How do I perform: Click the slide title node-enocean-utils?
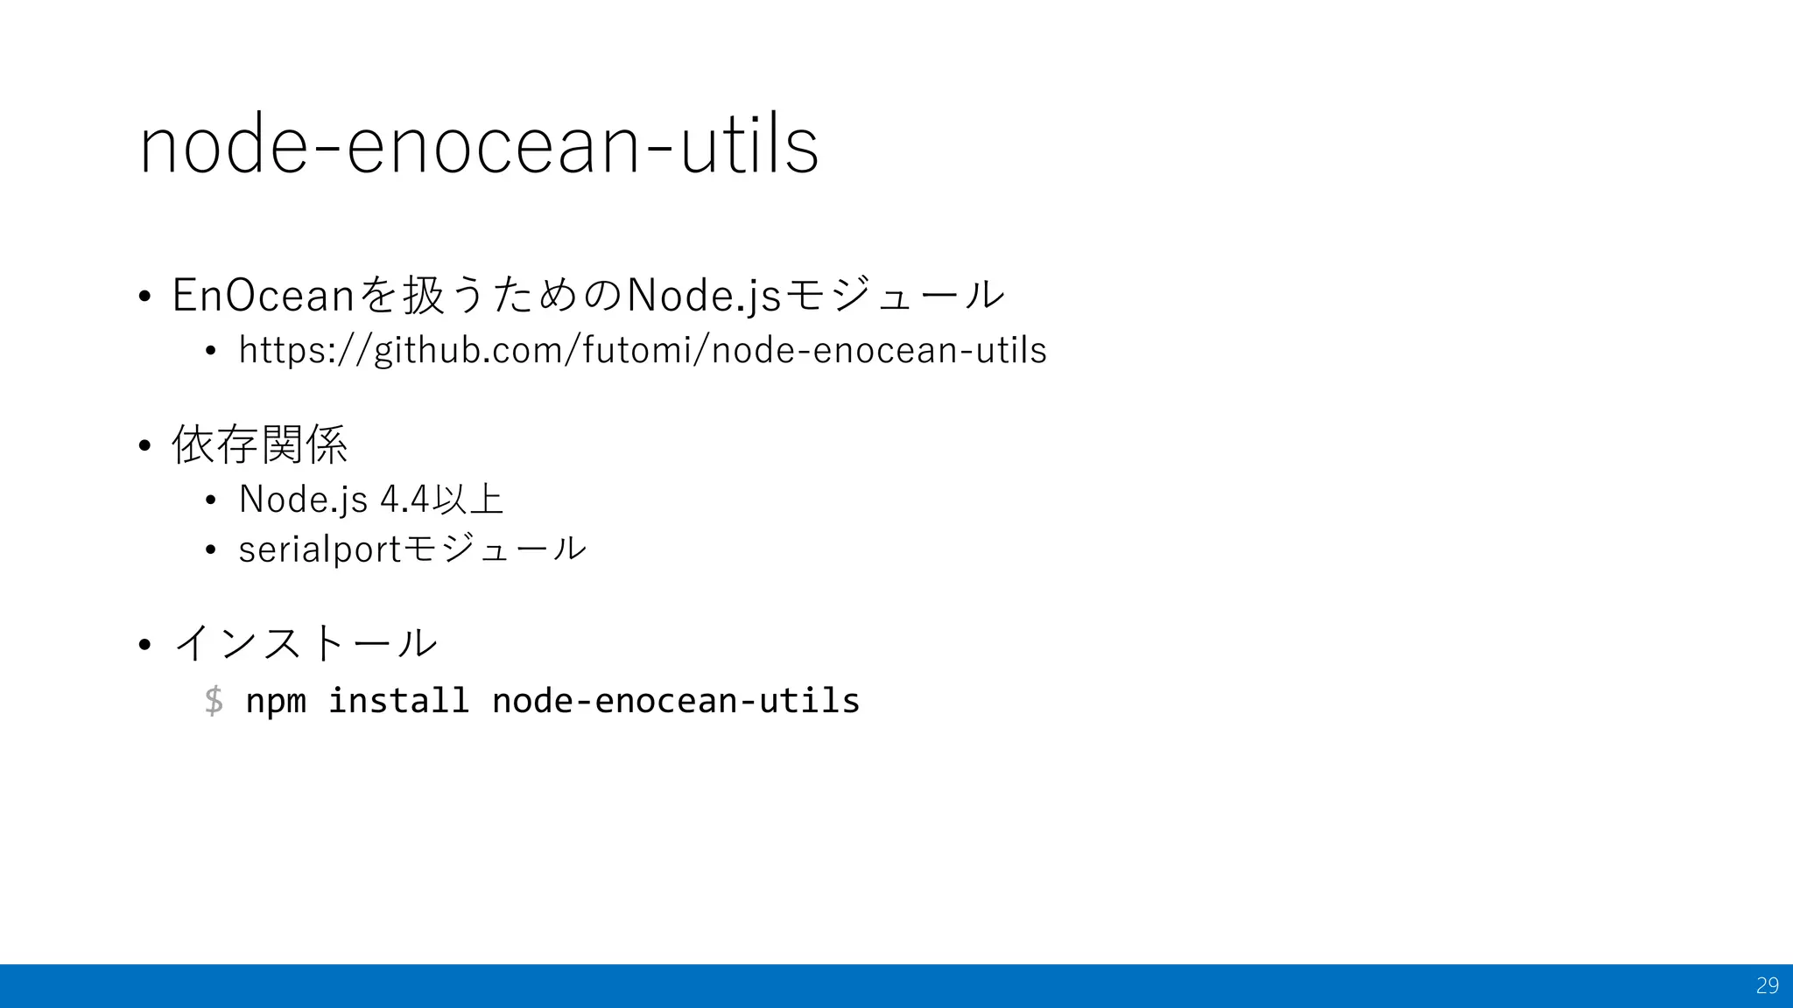(479, 146)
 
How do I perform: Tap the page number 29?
(1767, 986)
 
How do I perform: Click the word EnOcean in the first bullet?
(263, 295)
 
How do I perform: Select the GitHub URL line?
(643, 351)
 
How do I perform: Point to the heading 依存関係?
(260, 444)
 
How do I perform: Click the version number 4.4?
(405, 500)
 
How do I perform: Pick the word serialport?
(319, 550)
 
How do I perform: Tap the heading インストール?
(306, 643)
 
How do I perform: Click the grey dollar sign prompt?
(214, 701)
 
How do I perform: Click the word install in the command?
(398, 701)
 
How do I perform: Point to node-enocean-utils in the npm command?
(676, 701)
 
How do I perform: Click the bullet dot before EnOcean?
(145, 296)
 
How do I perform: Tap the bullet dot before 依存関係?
(145, 446)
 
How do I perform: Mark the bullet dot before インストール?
(145, 645)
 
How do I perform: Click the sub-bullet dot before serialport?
(210, 550)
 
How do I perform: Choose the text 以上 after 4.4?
(474, 500)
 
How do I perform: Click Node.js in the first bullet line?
(704, 295)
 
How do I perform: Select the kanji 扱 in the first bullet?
(424, 295)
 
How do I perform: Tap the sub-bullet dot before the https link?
(210, 352)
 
